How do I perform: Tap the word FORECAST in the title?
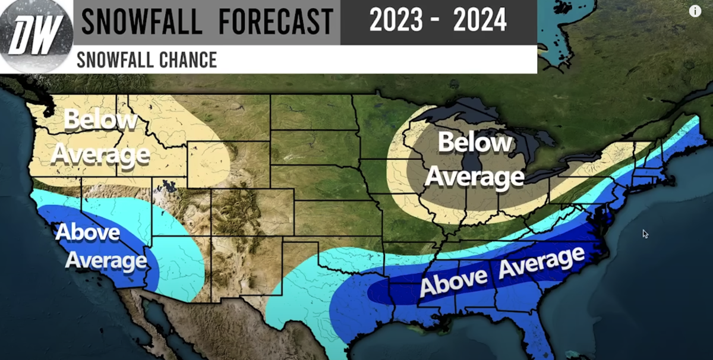point(276,22)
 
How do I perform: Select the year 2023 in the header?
point(396,21)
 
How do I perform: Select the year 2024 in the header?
point(479,21)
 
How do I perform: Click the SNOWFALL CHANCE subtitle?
point(146,59)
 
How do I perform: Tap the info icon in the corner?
point(695,11)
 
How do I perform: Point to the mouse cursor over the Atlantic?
point(645,233)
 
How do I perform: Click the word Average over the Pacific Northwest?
point(99,154)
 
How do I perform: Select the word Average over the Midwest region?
point(474,176)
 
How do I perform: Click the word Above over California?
point(87,232)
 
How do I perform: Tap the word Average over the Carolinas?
point(541,262)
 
